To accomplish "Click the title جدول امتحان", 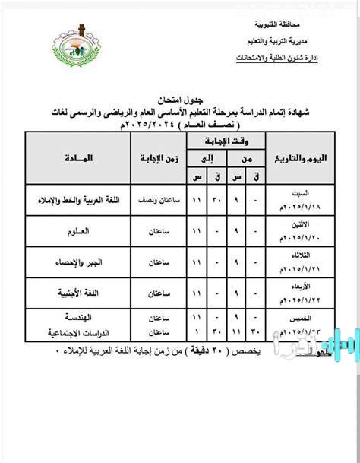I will [180, 99].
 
